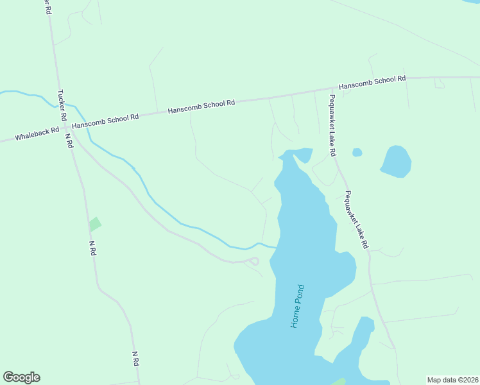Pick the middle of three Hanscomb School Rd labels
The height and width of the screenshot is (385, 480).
pyautogui.click(x=201, y=107)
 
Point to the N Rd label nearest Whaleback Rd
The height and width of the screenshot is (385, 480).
pyautogui.click(x=68, y=141)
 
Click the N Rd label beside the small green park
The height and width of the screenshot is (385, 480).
pyautogui.click(x=92, y=248)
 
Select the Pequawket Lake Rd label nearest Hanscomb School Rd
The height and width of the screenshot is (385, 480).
pyautogui.click(x=332, y=126)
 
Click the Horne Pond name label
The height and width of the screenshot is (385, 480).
pyautogui.click(x=298, y=305)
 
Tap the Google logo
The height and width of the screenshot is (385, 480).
pyautogui.click(x=21, y=377)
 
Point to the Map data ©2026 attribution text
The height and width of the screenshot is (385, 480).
pyautogui.click(x=452, y=380)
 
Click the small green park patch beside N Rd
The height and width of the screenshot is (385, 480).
pyautogui.click(x=95, y=224)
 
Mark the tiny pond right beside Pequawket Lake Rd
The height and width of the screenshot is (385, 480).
pyautogui.click(x=357, y=152)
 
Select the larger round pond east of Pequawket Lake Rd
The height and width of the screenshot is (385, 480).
pyautogui.click(x=396, y=161)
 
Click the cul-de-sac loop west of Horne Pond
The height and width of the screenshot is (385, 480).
pyautogui.click(x=253, y=261)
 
